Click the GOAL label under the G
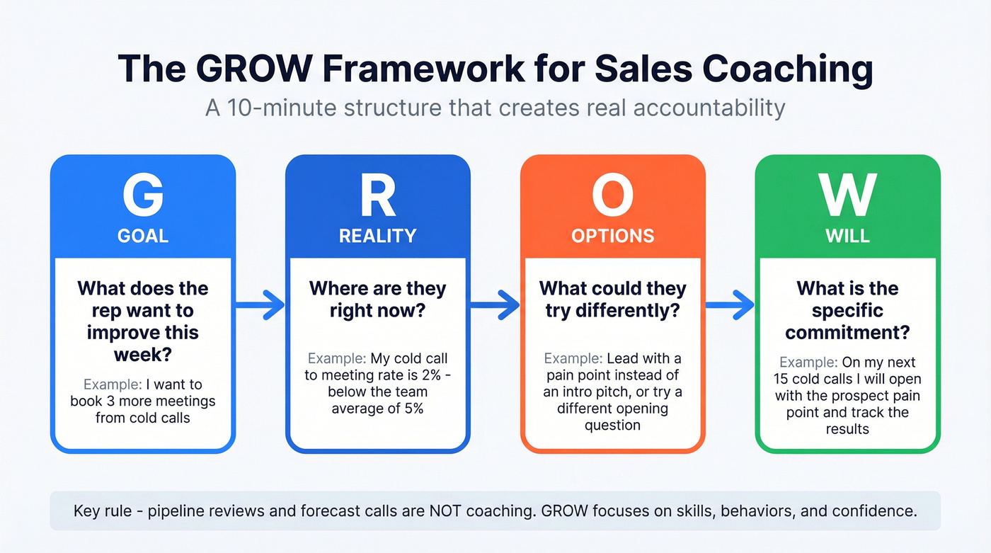click(143, 236)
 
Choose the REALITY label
click(377, 236)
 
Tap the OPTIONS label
click(612, 236)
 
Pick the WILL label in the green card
click(847, 236)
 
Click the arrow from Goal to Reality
click(260, 305)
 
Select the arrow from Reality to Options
click(495, 305)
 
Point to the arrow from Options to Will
click(730, 305)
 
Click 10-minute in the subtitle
click(283, 108)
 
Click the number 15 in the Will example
click(785, 380)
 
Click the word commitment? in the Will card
click(847, 332)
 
